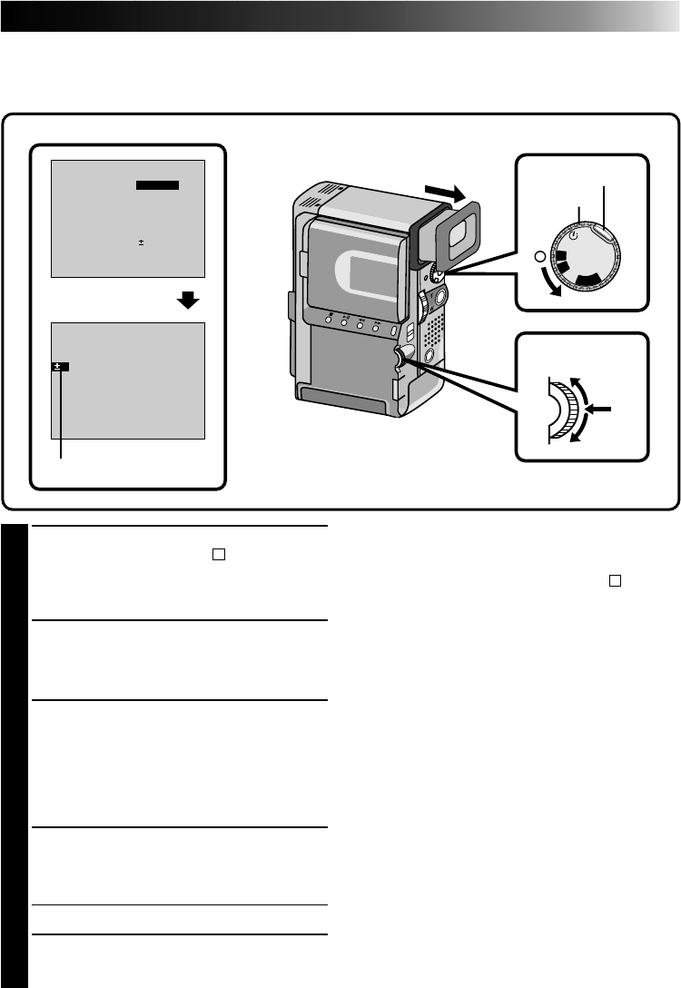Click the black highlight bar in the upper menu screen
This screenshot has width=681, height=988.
157,185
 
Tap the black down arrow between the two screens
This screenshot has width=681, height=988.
188,301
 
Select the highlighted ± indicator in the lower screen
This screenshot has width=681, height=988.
60,366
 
